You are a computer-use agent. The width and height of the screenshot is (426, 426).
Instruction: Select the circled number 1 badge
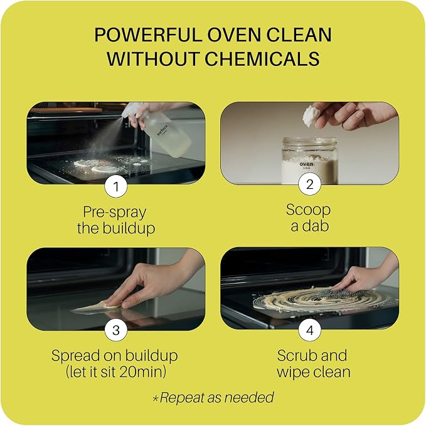(x=116, y=186)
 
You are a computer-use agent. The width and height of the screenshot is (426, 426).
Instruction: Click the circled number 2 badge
(x=310, y=184)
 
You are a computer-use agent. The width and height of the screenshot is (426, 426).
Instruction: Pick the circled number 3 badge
(x=116, y=330)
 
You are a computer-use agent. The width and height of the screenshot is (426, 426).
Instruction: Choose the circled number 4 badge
(x=310, y=330)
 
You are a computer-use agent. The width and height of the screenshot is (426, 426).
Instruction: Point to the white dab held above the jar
(x=311, y=115)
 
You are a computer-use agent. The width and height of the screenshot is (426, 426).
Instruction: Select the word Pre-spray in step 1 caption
(x=115, y=213)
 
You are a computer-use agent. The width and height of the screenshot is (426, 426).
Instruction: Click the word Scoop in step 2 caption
(x=308, y=210)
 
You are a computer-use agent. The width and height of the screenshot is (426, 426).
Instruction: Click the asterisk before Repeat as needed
(x=156, y=398)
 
